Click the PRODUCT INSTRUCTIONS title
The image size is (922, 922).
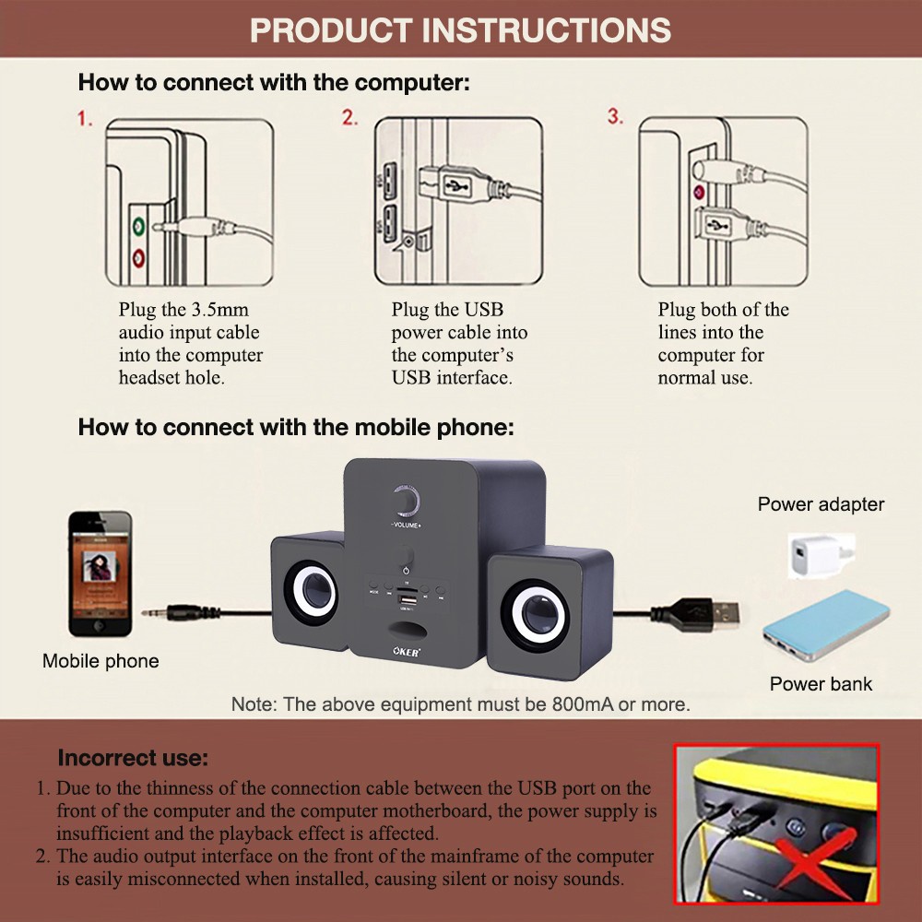click(460, 30)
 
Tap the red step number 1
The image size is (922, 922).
click(85, 118)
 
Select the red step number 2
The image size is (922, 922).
click(349, 118)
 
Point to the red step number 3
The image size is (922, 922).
click(615, 116)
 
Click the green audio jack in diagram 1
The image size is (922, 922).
click(138, 225)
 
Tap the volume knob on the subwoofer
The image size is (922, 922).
click(405, 502)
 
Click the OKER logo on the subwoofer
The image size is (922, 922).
click(407, 652)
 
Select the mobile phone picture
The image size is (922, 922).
click(100, 573)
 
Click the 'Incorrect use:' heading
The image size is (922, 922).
click(133, 757)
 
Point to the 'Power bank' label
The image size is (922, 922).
click(821, 684)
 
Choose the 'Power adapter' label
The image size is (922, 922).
click(821, 504)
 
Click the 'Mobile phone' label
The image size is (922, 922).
click(100, 661)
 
